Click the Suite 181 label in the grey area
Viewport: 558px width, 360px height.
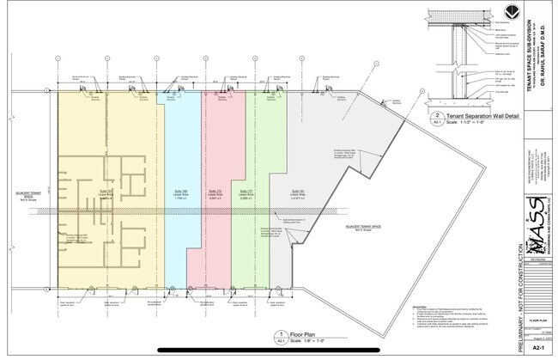(x=297, y=191)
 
